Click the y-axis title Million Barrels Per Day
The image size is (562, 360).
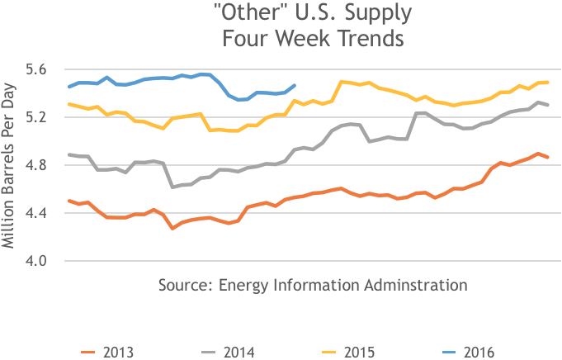[x=11, y=164]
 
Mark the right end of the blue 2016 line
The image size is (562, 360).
[x=295, y=85]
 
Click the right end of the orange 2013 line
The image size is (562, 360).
[x=548, y=157]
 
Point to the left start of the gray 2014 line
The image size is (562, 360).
[x=69, y=154]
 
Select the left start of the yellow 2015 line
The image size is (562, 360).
[x=69, y=104]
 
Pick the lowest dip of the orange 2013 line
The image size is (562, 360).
[x=172, y=227]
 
